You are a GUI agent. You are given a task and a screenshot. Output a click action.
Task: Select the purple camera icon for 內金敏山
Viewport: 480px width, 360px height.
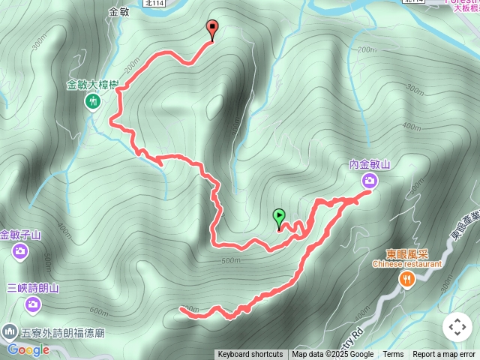370,180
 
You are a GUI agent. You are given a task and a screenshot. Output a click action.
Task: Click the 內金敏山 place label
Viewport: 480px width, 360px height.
370,164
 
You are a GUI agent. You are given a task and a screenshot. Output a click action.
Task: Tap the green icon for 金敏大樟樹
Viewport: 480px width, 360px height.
93,101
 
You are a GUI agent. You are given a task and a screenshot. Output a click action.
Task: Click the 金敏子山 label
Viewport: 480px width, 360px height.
20,235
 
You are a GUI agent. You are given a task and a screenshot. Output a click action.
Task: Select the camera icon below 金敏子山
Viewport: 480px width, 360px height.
19,252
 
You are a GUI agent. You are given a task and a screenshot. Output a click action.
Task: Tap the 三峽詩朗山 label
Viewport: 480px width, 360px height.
32,287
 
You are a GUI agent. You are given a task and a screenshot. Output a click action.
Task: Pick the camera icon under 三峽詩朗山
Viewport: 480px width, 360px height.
32,304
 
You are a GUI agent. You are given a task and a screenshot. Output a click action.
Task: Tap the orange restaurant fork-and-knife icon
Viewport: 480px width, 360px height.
407,279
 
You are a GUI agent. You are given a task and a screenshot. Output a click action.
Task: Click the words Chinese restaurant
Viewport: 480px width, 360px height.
407,264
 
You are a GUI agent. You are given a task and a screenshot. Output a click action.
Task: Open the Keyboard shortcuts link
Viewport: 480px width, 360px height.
250,355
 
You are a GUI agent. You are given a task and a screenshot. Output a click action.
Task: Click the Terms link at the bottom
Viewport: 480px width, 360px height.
393,355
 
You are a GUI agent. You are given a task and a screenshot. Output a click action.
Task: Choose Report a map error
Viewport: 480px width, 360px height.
444,355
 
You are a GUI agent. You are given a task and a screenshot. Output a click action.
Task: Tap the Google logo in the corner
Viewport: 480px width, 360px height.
28,349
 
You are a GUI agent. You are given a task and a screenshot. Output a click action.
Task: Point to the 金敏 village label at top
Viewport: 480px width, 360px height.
119,13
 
